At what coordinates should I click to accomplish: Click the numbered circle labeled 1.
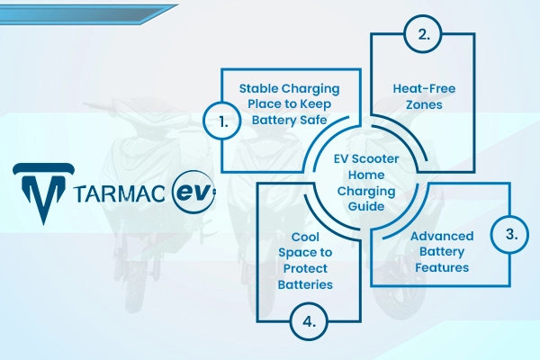[222, 121]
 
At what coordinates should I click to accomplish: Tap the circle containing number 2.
[423, 34]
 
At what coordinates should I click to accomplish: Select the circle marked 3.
[509, 234]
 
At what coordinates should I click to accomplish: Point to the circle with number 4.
[309, 322]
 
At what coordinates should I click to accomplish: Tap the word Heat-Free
[424, 88]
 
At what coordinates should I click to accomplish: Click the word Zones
[424, 104]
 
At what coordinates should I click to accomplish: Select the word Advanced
[442, 236]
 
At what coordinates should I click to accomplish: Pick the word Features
[442, 267]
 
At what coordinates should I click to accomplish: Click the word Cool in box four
[305, 237]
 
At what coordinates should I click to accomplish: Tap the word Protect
[305, 268]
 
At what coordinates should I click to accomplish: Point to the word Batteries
[305, 284]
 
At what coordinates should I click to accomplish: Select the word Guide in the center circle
[366, 206]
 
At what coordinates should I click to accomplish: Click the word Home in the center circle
[366, 175]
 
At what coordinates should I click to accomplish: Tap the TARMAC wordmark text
[120, 193]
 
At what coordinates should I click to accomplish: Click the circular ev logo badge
[193, 193]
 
